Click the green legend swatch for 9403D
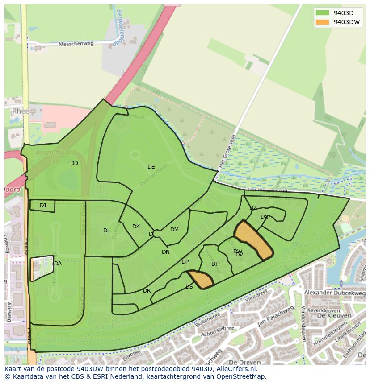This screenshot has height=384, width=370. point(322,13)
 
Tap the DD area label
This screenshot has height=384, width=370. point(74,163)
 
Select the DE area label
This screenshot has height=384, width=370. point(151,167)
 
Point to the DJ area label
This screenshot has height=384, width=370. point(43,206)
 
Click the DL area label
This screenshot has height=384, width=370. point(106,231)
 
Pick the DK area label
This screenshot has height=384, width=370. point(136,227)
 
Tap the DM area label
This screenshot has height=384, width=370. point(174,230)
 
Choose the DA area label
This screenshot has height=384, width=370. point(58,264)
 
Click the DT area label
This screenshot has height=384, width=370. point(215,264)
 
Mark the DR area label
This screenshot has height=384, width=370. point(147,291)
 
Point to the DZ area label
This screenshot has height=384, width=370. point(253,208)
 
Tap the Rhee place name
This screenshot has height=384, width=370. point(21,111)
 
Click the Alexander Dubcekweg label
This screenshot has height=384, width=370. point(334,293)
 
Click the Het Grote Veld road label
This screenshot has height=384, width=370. point(227,151)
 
